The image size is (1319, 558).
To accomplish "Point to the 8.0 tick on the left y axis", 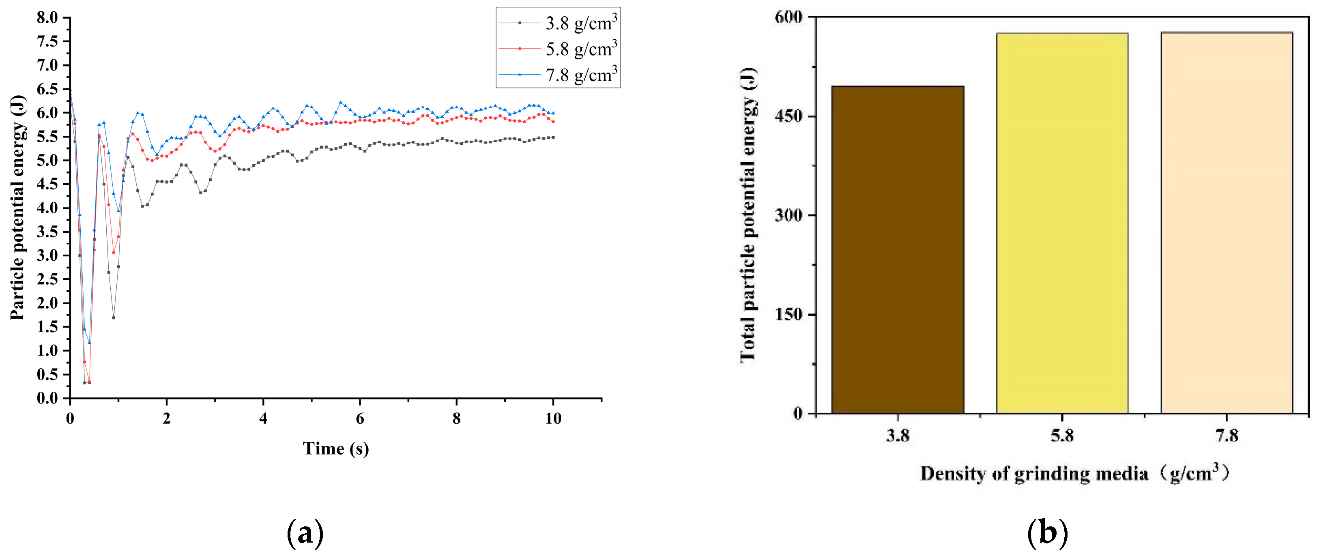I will tap(47, 18).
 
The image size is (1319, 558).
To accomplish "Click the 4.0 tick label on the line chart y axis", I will tap(47, 208).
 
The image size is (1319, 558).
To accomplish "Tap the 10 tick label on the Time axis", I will tap(552, 419).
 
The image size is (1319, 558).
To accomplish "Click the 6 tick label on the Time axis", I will tap(359, 419).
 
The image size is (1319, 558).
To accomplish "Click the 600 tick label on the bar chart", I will tap(788, 17).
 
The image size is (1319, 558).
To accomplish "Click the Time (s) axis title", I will tap(335, 449).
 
